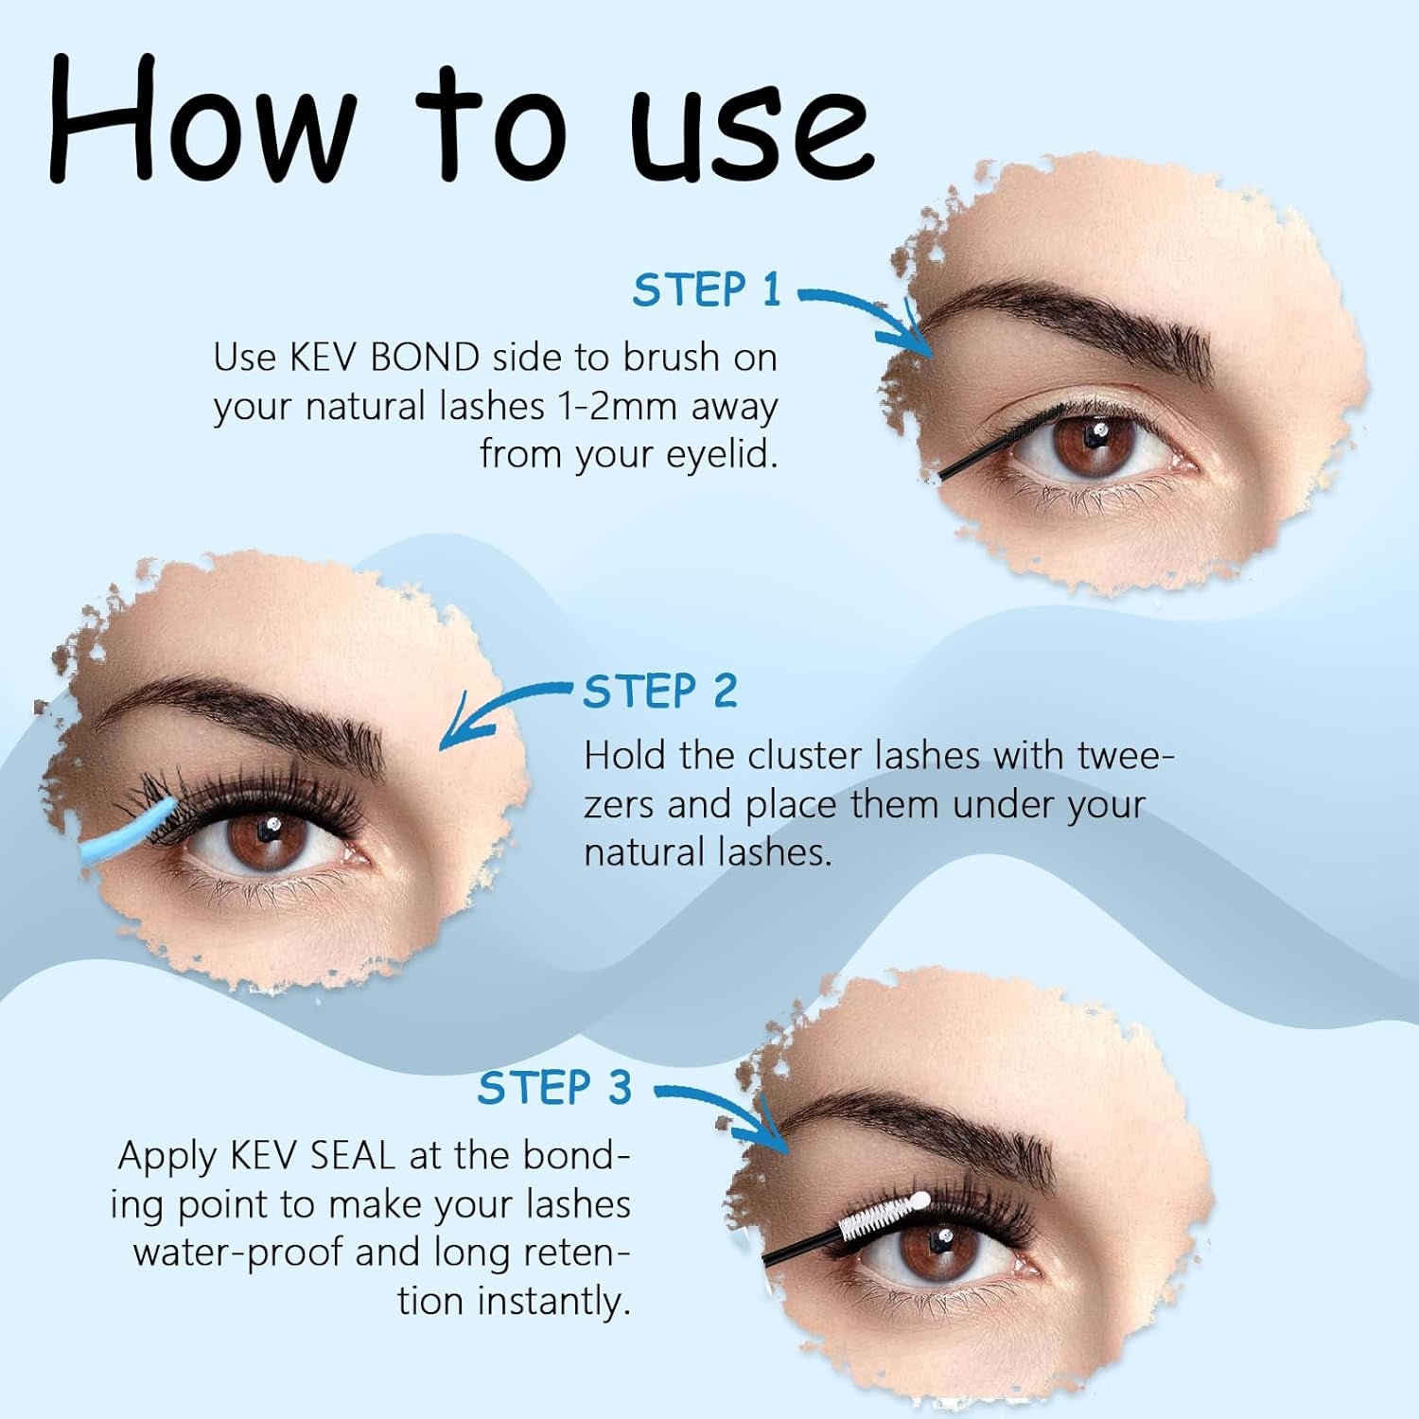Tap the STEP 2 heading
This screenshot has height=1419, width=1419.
coord(659,692)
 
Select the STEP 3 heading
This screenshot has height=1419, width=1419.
coord(553,1088)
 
